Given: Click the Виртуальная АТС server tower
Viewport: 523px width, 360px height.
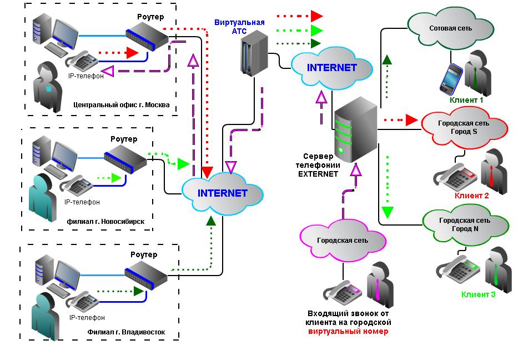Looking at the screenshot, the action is coord(254,53).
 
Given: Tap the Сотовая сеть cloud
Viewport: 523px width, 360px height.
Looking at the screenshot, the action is coord(450,29).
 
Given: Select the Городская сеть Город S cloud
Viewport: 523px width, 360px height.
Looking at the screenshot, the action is coord(464,127).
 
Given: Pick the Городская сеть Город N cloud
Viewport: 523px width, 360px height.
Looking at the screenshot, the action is coord(466,225).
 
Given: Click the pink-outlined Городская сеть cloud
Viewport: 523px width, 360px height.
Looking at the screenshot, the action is coord(343,240).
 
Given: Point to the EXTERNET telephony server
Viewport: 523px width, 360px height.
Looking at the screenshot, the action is coord(355,129).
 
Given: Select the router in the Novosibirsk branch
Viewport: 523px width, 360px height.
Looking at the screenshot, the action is coord(125,158).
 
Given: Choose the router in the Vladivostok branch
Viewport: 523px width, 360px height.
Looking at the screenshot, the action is coord(146,275).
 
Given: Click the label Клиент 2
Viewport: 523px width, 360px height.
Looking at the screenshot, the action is coord(471,196).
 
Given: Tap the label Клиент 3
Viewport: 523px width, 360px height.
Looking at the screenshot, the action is coord(478,294).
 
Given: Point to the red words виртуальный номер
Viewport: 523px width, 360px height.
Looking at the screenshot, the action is coord(348,332).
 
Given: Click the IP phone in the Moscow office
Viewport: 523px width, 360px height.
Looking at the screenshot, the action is coord(82,61).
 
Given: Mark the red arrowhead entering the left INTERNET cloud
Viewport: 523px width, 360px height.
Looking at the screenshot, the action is coord(207,172).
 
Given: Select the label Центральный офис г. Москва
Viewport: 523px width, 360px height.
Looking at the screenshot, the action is coord(122,105).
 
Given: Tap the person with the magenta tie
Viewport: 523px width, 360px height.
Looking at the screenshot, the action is coord(380,284).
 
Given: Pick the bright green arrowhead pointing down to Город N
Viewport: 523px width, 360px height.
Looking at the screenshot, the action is coord(387,213).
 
